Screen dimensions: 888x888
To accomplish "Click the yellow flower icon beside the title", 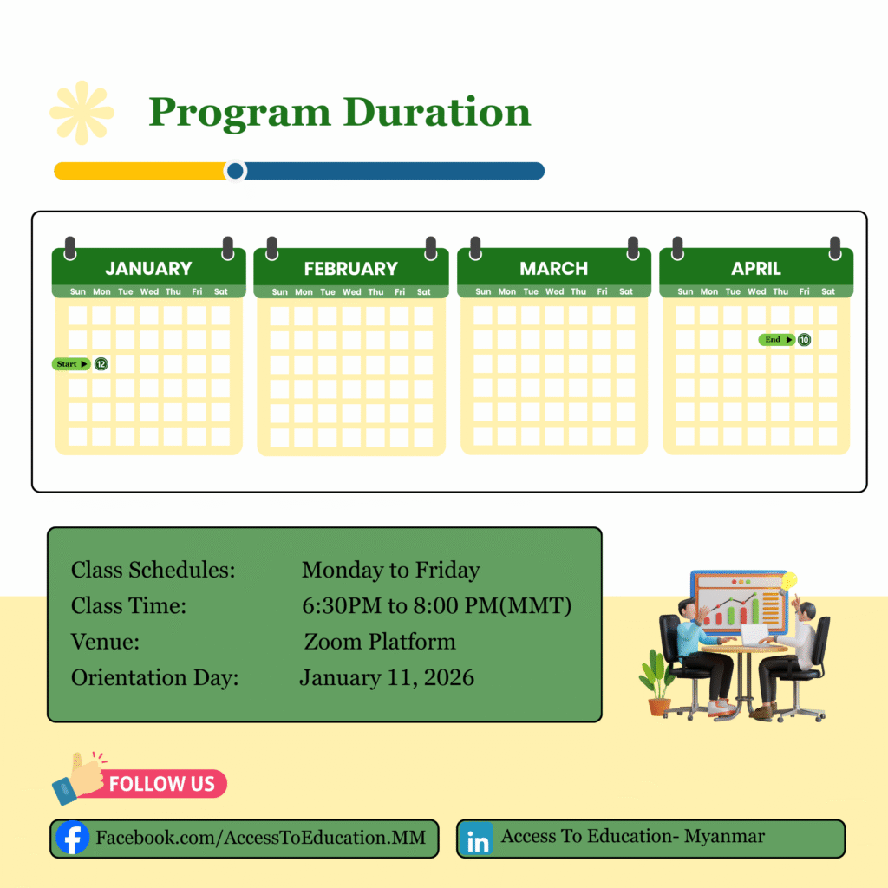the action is click(82, 112).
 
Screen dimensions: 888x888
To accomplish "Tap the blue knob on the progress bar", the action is click(235, 171).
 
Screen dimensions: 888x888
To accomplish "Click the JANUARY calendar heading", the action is click(148, 269).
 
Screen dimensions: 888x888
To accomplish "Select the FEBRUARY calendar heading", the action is click(351, 269).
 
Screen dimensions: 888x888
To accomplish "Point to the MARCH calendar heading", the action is click(554, 269).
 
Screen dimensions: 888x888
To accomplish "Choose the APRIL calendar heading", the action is click(756, 269).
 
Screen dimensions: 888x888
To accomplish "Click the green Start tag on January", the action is click(71, 364).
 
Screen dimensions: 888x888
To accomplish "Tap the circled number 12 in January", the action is click(101, 364).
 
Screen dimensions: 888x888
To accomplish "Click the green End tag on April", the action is click(776, 340).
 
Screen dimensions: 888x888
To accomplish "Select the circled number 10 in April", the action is click(804, 340).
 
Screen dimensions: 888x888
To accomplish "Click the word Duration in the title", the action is click(437, 112).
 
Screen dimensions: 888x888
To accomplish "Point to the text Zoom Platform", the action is click(380, 642).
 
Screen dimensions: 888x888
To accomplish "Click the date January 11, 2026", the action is click(387, 678).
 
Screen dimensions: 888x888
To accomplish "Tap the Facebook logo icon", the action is click(73, 838).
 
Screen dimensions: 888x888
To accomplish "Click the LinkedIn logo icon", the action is click(477, 839).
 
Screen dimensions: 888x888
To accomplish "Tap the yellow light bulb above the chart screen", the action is click(788, 581).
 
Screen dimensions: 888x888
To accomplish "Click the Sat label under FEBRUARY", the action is click(423, 292).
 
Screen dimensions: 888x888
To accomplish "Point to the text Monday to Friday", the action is click(391, 571).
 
